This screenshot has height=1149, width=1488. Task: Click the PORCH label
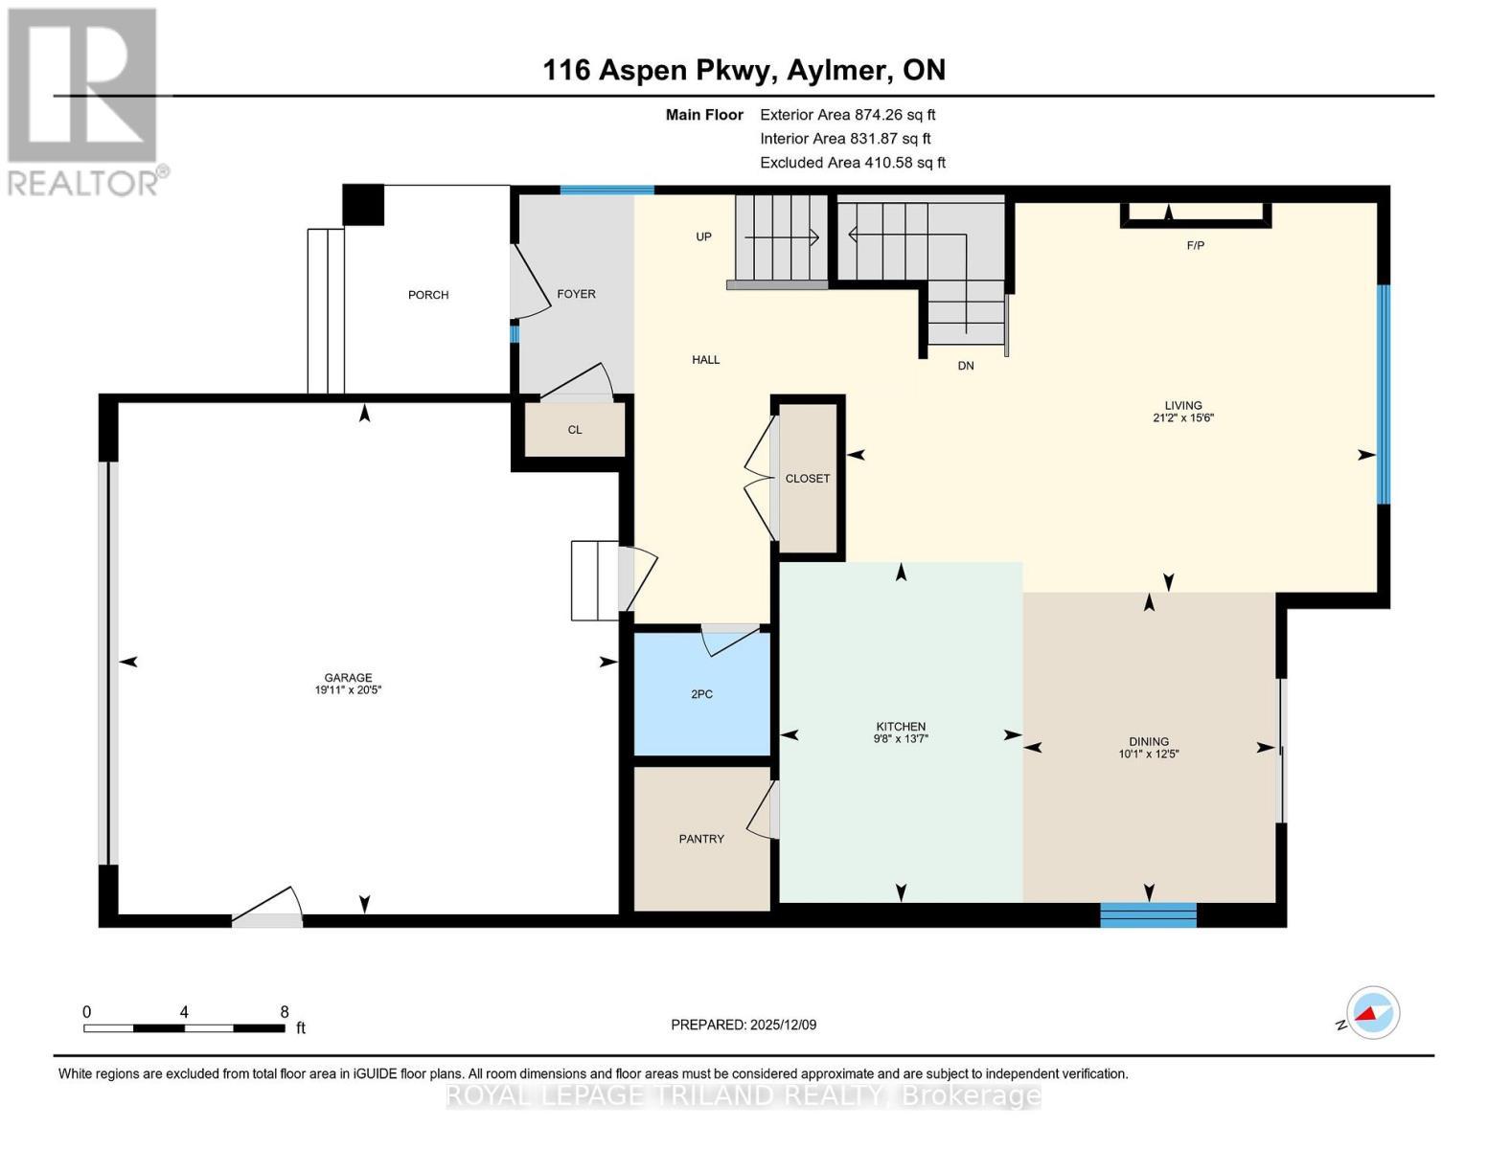coord(428,295)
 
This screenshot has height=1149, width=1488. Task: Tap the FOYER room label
coord(576,294)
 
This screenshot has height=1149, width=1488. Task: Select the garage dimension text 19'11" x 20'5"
coord(349,689)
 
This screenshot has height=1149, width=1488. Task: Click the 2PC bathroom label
coord(701,694)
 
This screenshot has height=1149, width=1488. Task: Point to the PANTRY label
coord(701,839)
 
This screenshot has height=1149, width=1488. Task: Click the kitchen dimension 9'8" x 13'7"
coord(901,738)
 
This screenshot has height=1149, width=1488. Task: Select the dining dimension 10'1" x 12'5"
coord(1148,754)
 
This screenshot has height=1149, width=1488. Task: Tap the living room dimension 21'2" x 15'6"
coord(1183,417)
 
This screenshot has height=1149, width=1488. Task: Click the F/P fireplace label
coord(1195,246)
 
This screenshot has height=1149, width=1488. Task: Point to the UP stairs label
coord(703,237)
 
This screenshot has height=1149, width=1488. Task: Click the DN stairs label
coord(965,366)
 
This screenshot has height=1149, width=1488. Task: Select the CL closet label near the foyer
coord(575,430)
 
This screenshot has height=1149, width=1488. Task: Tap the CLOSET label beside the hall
coord(808,479)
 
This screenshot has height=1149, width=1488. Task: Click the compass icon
coord(1372,1013)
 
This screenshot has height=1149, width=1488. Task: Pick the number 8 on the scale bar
coord(284,1011)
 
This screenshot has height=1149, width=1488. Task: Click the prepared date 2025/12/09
coord(782,1025)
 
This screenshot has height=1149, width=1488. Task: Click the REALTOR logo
coord(84,101)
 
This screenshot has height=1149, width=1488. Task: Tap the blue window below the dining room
coord(1148,915)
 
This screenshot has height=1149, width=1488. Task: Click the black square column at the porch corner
coord(363,204)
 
